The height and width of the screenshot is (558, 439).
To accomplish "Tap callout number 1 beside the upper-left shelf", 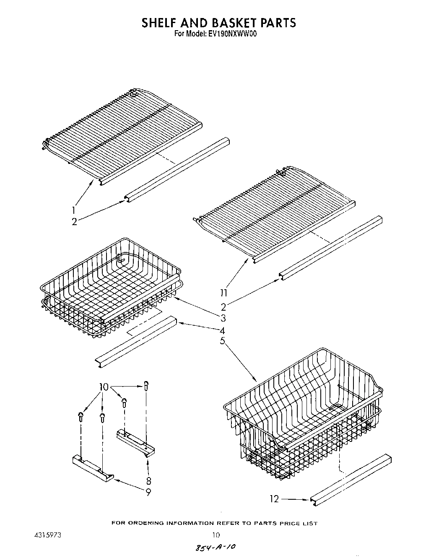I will point(74,210).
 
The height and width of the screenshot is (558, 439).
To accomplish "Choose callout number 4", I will point(223,330).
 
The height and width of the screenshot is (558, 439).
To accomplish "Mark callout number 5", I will point(223,342).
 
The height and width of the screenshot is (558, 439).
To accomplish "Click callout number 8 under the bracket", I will point(148,481).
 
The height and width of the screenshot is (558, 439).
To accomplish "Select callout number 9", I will point(148,493).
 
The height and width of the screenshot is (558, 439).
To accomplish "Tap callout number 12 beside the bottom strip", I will point(274,499).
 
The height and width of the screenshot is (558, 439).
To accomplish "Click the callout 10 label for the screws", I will point(104,387).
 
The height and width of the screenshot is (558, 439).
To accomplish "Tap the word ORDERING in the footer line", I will point(146,523).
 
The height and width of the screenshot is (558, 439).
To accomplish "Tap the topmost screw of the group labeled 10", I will point(146,384).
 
